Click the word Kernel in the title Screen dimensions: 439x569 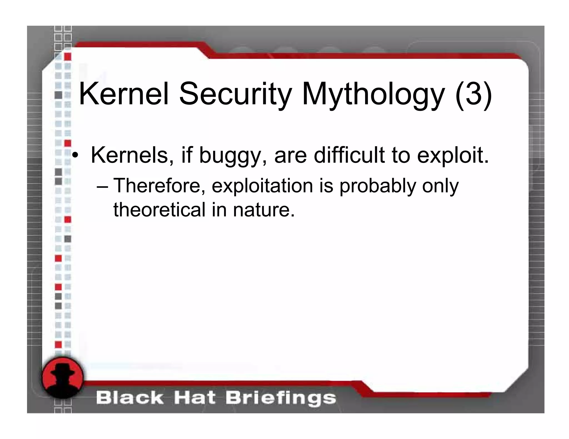[x=124, y=94]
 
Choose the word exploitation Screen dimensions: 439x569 [x=262, y=186]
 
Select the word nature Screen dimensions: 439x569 [x=264, y=210]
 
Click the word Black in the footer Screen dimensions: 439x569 [x=129, y=398]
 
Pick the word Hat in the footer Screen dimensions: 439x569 [x=195, y=398]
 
